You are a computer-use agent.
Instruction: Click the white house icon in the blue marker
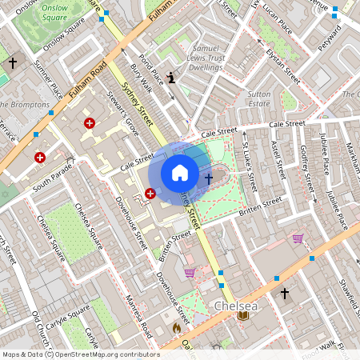pos(180,172)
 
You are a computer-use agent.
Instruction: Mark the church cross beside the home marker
pos(208,178)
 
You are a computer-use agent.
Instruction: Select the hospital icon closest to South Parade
pos(40,158)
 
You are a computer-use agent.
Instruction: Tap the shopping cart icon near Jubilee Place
pos(298,238)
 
